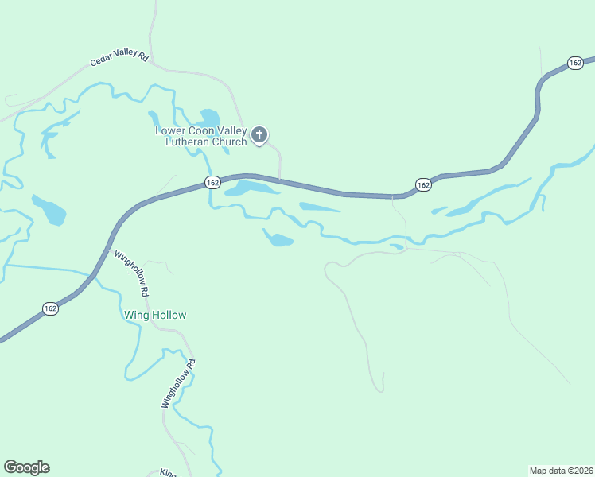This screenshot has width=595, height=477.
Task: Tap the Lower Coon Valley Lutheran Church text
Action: [x=201, y=137]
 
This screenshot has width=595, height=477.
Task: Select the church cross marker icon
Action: [x=259, y=136]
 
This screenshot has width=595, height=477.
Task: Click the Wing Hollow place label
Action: [x=155, y=316]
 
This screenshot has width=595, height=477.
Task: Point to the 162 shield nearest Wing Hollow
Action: [x=50, y=308]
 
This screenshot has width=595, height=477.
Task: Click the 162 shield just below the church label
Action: [x=212, y=183]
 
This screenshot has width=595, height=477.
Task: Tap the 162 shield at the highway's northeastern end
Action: [x=575, y=62]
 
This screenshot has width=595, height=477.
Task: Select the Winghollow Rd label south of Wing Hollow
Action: [x=178, y=384]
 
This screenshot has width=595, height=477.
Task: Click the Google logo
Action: [x=26, y=467]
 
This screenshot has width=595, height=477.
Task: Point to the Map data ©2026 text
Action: [x=561, y=470]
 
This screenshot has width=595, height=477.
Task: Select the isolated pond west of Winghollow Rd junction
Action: [x=49, y=210]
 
